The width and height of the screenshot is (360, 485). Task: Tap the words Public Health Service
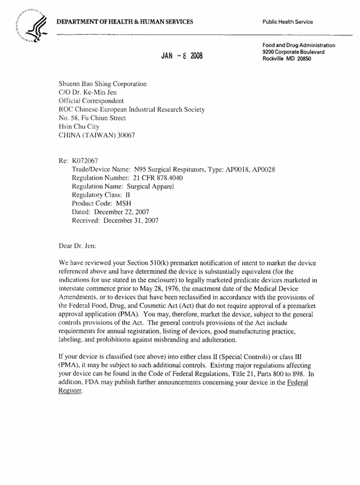[x=289, y=22]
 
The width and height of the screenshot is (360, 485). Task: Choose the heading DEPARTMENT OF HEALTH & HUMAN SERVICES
[x=125, y=22]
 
